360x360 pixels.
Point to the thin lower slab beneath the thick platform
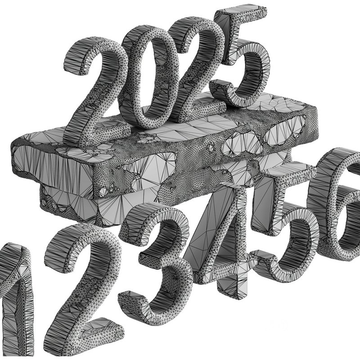point(72,202)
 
